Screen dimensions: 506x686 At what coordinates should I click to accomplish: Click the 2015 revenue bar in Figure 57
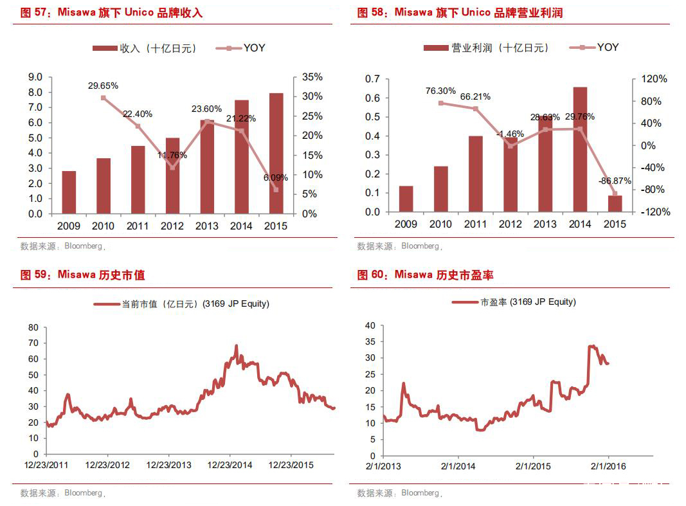click(x=276, y=153)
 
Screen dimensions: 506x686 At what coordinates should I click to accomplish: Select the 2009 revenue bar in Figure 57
click(x=69, y=192)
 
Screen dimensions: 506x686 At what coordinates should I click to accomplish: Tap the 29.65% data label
click(x=103, y=86)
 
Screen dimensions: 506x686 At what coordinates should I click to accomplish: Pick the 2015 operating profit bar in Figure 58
click(x=615, y=204)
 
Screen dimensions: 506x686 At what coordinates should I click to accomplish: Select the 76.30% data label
click(x=440, y=91)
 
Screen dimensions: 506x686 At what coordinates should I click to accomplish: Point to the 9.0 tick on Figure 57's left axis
click(x=35, y=77)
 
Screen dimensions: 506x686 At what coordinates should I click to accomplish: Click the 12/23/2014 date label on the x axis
click(x=230, y=465)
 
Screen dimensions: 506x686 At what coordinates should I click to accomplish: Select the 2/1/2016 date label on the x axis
click(x=608, y=466)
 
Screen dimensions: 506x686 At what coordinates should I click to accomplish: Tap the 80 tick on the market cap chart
click(x=33, y=327)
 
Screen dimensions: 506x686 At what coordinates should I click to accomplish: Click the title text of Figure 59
click(x=82, y=275)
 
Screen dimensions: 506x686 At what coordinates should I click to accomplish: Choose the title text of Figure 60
click(x=425, y=275)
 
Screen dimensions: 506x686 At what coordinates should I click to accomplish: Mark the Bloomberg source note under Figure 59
click(x=62, y=493)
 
